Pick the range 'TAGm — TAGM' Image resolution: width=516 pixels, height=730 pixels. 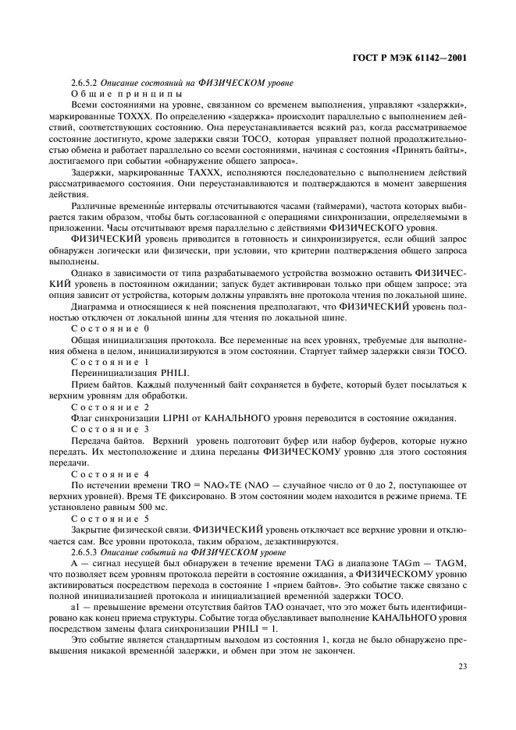point(433,562)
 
